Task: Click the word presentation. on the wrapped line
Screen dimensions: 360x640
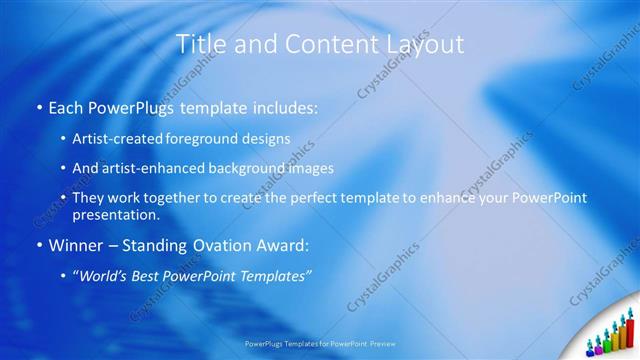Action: (115, 215)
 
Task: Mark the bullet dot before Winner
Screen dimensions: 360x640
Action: (39, 246)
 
